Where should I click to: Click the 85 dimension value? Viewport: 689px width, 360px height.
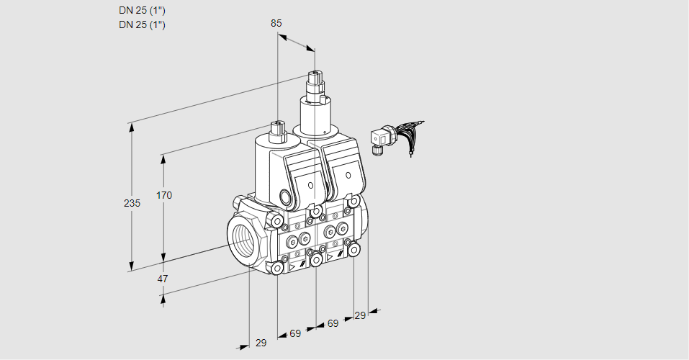coord(276,23)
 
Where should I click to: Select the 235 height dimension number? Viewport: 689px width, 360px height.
coord(132,203)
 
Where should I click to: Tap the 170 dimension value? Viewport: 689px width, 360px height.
coord(165,195)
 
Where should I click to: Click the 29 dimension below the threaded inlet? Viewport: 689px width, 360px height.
coord(261,343)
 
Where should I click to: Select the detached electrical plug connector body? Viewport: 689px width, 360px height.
coord(379,136)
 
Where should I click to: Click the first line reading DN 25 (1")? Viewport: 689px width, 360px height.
coord(142,10)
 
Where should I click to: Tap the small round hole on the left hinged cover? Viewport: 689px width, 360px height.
coord(310,185)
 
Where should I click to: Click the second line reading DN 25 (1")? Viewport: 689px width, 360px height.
coord(142,24)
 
